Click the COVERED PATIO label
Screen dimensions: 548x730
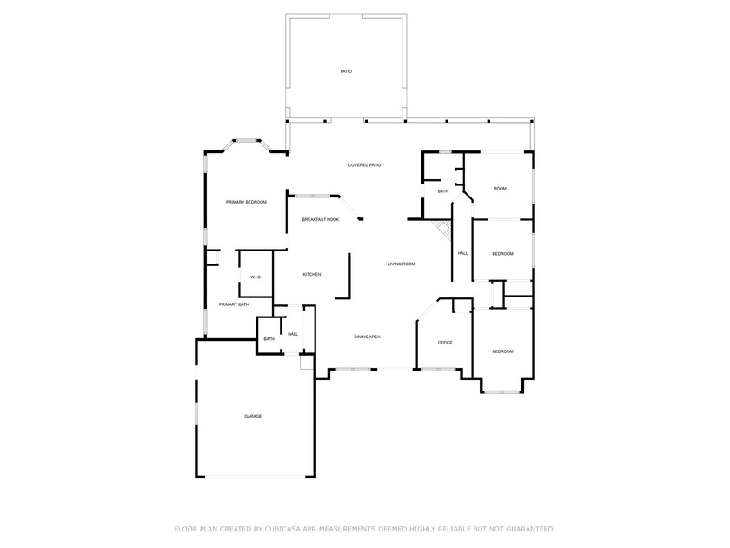coord(364,164)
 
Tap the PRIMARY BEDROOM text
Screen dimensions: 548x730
coord(246,202)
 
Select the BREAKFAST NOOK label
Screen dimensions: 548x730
coord(320,219)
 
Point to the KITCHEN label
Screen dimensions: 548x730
coord(311,274)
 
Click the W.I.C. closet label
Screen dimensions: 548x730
coord(255,277)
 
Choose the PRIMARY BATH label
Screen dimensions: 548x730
coord(234,304)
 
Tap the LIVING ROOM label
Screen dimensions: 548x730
coord(401,264)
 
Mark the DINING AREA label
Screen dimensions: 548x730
coord(367,337)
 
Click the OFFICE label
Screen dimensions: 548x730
coord(445,342)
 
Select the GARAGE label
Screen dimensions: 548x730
coord(253,416)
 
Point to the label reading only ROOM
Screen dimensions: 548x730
coord(500,188)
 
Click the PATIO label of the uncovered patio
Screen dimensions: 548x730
coord(346,70)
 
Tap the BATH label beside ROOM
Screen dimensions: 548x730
coord(442,191)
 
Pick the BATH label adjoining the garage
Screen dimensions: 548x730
coord(269,338)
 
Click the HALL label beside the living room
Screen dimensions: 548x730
coord(462,253)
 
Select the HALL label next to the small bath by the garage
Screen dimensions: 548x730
coord(293,333)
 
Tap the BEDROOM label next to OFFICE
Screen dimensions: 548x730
coord(502,351)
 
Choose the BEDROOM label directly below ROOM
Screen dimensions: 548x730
coord(502,253)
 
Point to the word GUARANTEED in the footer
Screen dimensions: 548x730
coord(523,528)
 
